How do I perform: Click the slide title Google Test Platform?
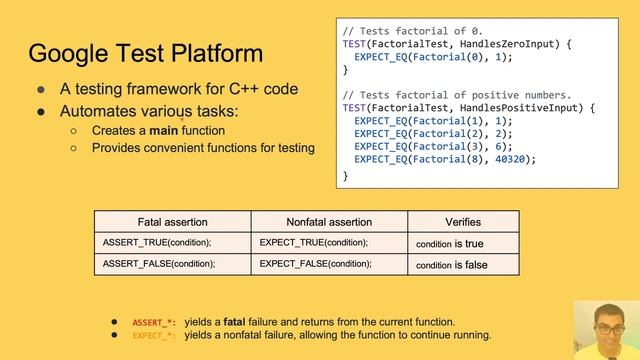146,52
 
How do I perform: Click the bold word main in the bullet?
164,130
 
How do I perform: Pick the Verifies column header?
462,221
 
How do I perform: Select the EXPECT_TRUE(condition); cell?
313,243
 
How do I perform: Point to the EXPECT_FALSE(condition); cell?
315,264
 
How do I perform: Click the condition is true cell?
449,243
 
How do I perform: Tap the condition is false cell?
451,265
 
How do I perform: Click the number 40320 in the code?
514,158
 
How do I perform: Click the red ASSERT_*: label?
154,322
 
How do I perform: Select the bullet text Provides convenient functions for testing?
203,148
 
